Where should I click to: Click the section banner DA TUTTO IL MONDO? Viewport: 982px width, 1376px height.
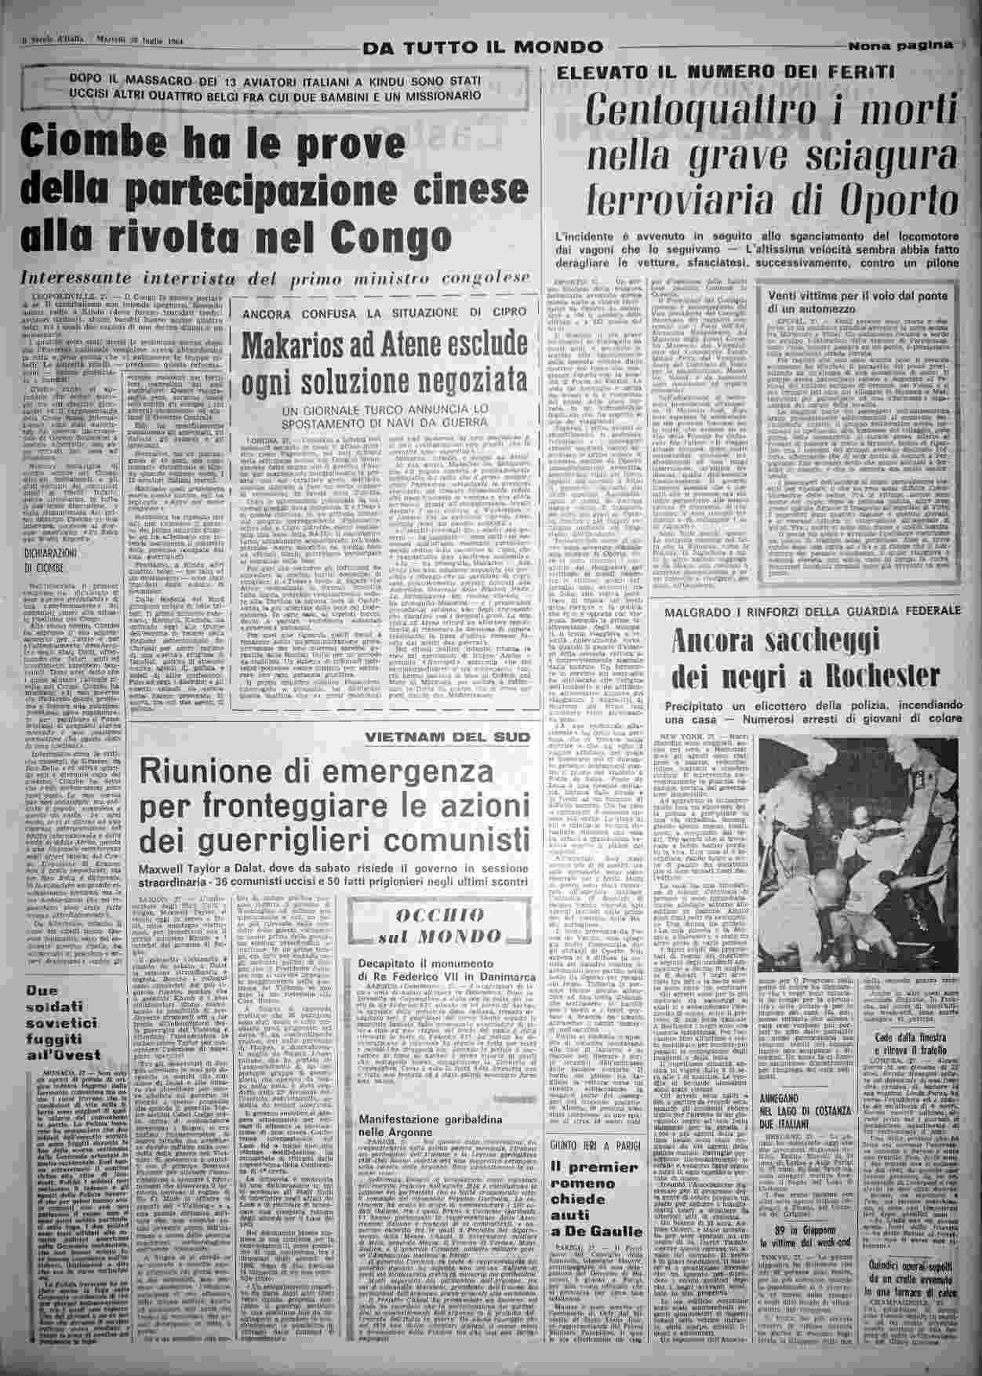(482, 47)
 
